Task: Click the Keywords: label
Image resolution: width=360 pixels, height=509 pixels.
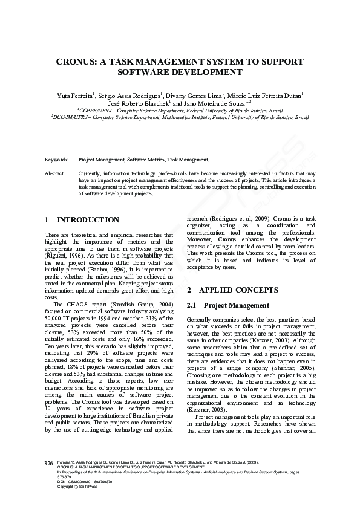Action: pyautogui.click(x=57, y=160)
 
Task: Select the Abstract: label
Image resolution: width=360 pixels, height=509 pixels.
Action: pyautogui.click(x=55, y=173)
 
